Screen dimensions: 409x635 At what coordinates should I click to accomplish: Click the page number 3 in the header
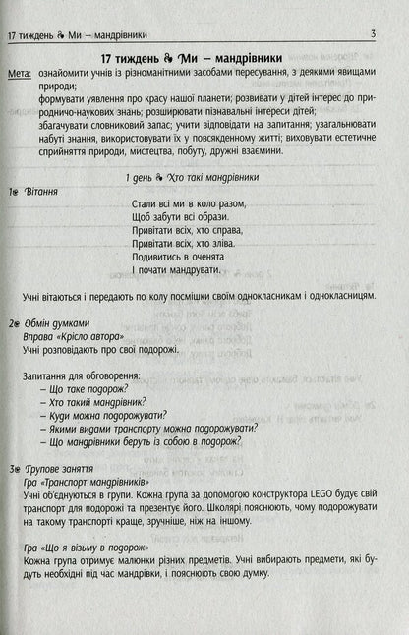(x=374, y=36)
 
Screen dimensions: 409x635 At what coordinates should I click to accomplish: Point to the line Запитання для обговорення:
(x=81, y=375)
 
